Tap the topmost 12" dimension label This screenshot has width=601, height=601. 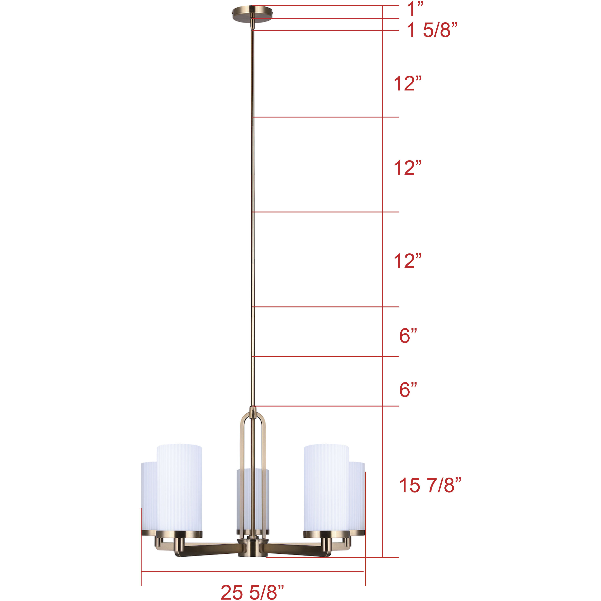click(x=408, y=84)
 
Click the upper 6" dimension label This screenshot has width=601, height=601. click(x=408, y=336)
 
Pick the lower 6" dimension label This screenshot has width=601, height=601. click(x=408, y=390)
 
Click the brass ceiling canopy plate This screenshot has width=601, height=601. click(x=252, y=14)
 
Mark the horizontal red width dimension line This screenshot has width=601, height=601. click(x=252, y=571)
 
